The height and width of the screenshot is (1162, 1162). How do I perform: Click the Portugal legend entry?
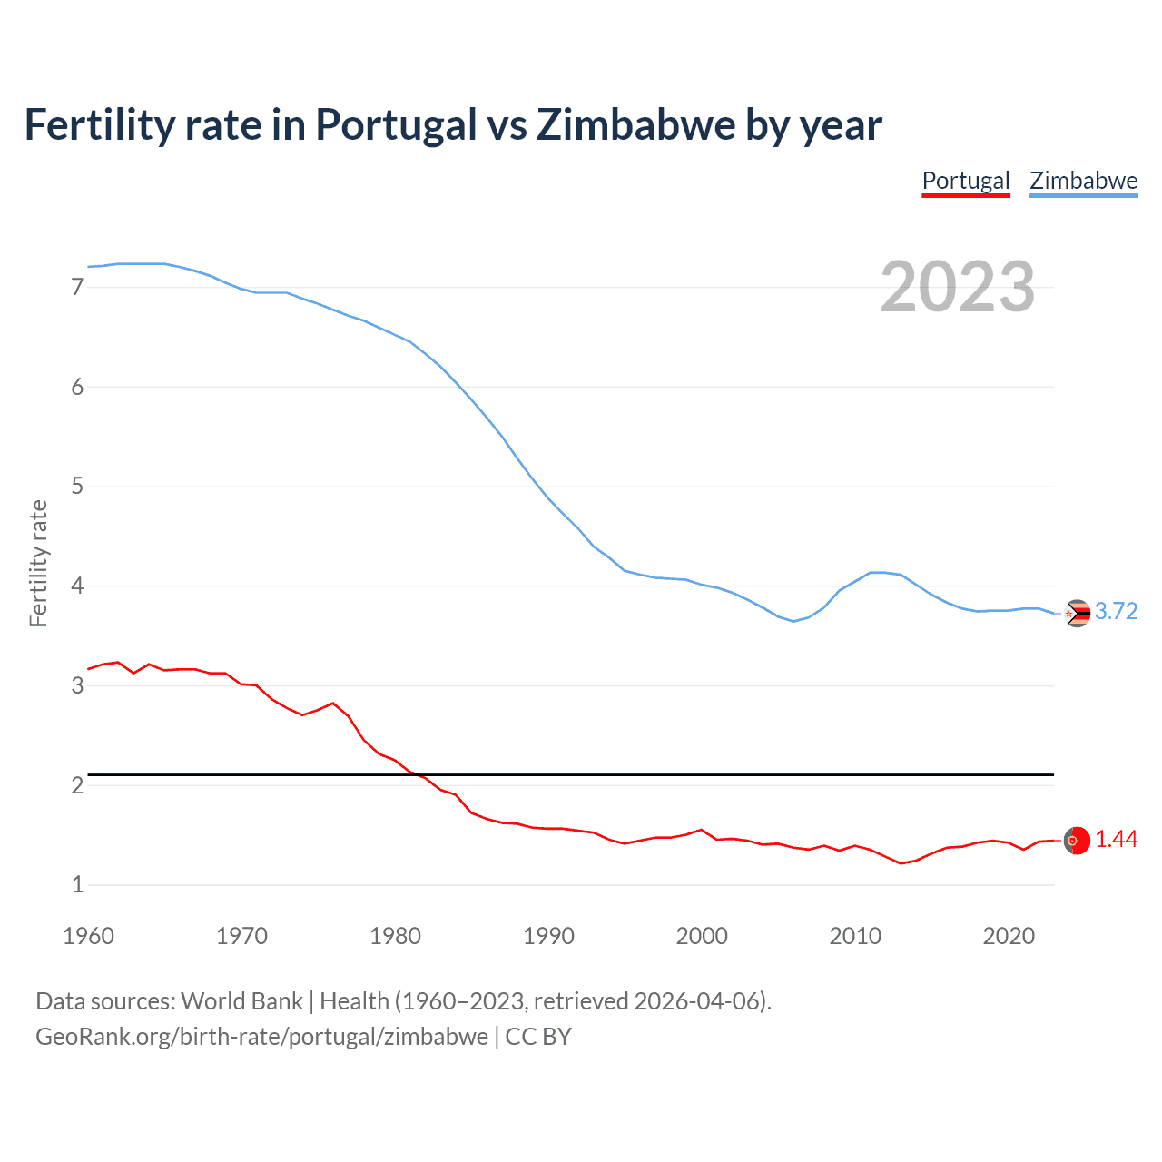966,181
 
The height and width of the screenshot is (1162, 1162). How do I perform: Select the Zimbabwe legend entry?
1083,181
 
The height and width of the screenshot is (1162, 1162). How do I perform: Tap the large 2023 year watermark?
957,287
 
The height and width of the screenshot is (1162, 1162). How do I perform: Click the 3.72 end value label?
1116,612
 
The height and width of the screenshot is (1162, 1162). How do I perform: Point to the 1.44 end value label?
1116,840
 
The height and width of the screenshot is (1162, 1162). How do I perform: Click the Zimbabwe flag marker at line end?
1077,614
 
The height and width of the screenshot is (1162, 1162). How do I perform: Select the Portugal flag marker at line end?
1077,841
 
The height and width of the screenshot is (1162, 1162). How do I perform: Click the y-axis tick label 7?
77,288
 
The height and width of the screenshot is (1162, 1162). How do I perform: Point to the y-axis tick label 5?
77,487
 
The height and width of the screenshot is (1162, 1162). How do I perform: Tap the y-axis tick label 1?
77,885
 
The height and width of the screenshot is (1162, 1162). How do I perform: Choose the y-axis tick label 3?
77,686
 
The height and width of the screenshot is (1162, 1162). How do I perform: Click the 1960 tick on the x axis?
88,936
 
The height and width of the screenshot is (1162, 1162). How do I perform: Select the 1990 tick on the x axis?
548,936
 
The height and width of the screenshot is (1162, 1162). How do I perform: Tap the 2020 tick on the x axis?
1009,936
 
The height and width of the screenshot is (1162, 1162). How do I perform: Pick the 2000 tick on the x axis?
702,936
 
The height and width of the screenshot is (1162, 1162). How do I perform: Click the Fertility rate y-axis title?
38,563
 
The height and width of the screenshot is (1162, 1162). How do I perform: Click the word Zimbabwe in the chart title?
635,125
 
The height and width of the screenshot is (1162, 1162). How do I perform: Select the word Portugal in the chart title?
396,125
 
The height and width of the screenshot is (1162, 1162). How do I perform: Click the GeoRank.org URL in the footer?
261,1037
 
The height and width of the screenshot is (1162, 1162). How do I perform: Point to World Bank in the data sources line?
241,1001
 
